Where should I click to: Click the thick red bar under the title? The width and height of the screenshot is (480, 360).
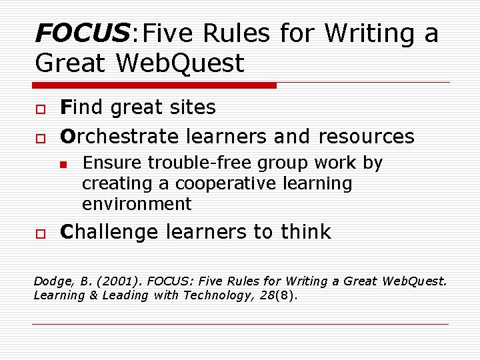pos(155,85)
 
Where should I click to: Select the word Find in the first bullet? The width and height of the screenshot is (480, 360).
pos(81,107)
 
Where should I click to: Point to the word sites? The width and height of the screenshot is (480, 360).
pos(193,107)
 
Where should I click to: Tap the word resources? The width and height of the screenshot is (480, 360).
pos(366,137)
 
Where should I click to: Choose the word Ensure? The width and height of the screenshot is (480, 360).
pos(113,163)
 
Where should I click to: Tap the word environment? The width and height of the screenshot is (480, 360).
pos(137,204)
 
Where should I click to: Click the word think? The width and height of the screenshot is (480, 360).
pos(305,232)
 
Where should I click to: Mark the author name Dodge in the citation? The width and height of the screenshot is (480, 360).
pos(52,281)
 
